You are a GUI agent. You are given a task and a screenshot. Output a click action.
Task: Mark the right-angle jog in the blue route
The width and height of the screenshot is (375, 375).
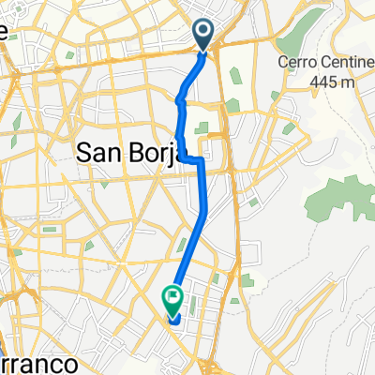click(x=200, y=161)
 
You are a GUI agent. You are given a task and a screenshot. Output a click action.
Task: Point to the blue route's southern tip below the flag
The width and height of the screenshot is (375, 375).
click(x=173, y=322)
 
